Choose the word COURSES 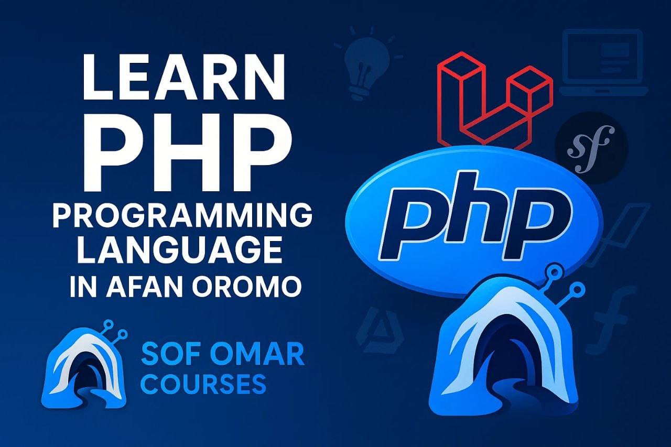[x=204, y=384]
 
